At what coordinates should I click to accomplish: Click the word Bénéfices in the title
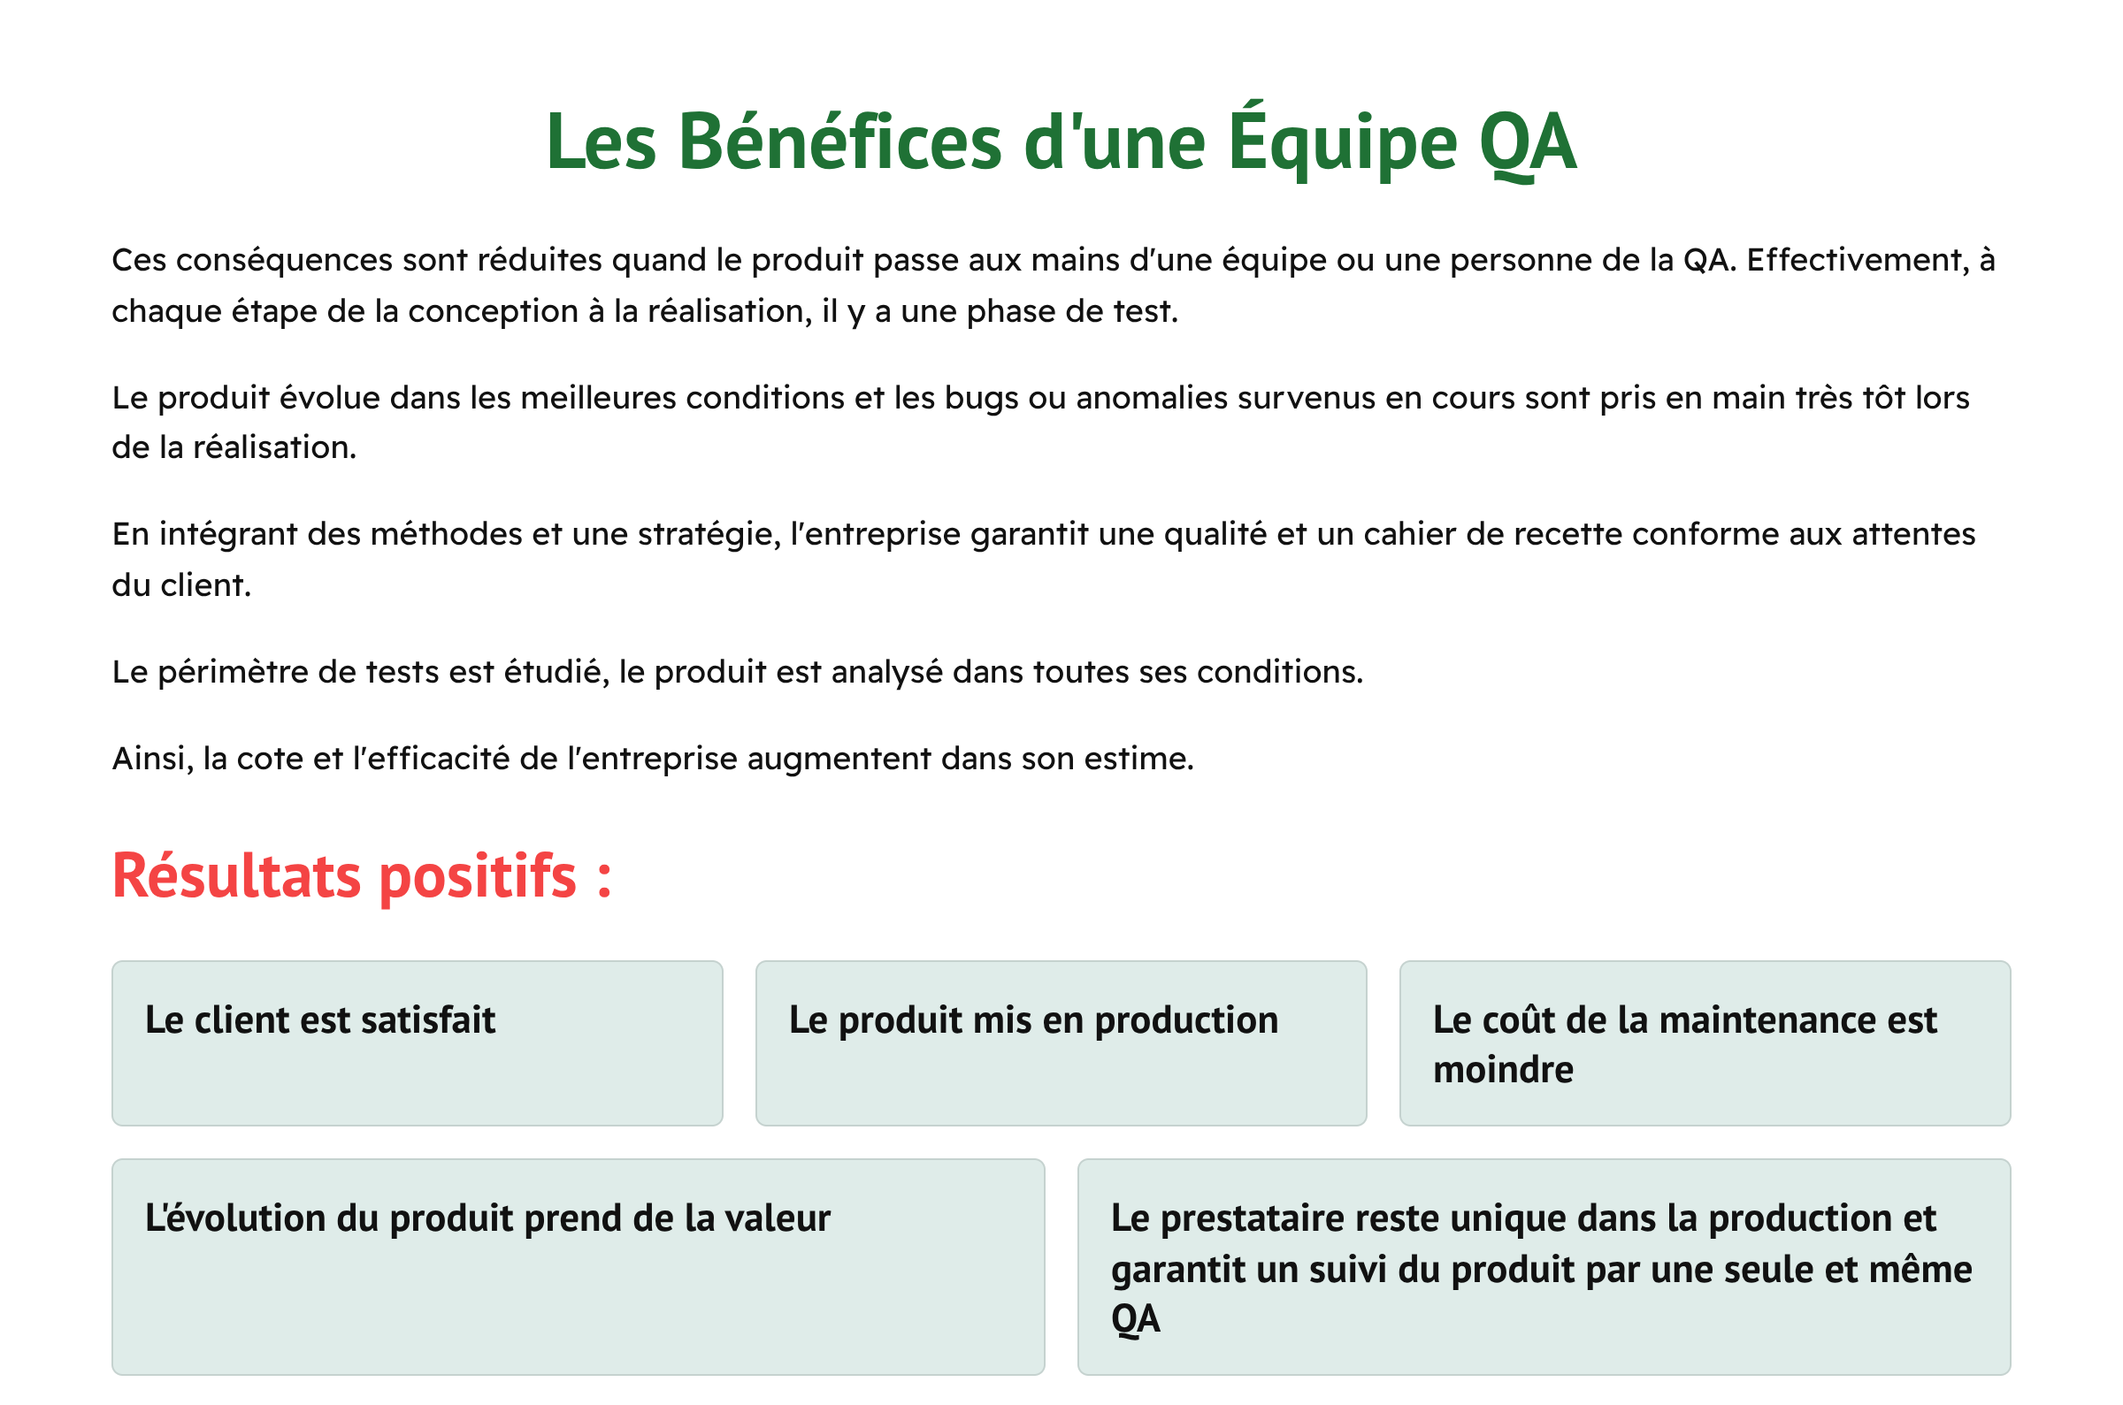click(x=839, y=141)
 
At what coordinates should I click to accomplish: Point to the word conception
click(x=493, y=312)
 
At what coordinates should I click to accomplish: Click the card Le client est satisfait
click(x=417, y=1044)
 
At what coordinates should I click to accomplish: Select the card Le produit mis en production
click(x=1061, y=1044)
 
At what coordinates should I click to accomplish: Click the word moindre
click(x=1503, y=1070)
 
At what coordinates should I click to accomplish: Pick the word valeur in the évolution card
click(x=778, y=1218)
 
